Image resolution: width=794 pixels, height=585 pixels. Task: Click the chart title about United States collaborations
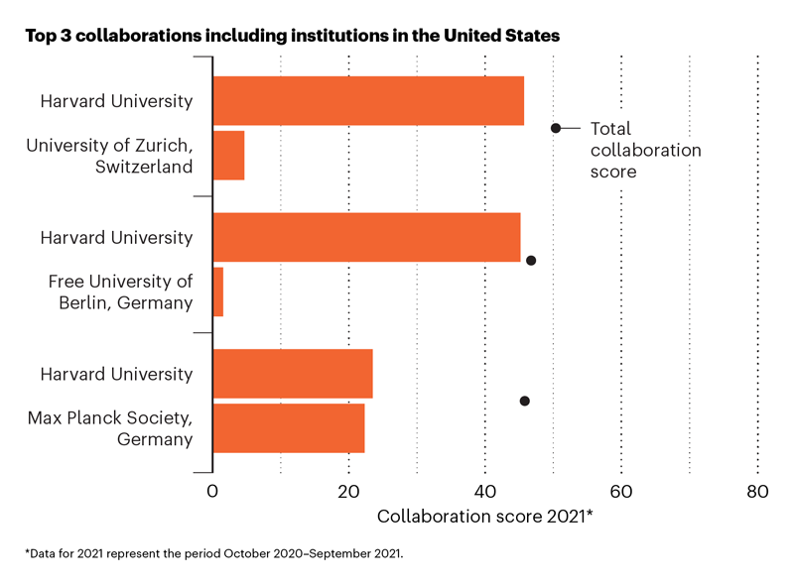tap(293, 36)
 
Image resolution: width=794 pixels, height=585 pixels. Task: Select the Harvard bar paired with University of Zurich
tap(368, 101)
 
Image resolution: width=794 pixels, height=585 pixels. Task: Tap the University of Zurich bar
tap(228, 155)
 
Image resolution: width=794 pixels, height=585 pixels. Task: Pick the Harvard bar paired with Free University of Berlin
tap(366, 237)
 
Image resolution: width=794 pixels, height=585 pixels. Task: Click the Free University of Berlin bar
tap(218, 292)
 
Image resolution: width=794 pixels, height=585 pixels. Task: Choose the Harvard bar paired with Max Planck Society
tap(293, 374)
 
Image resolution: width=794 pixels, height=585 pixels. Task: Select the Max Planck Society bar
tap(289, 428)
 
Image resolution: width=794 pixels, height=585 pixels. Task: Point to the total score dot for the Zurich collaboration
tap(556, 128)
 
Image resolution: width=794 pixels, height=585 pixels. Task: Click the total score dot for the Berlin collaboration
tap(531, 261)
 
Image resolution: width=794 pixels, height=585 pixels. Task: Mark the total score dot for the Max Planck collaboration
tap(525, 401)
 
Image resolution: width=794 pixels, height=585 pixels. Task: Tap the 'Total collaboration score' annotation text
tap(645, 150)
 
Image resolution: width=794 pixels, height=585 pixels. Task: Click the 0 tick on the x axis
tap(212, 492)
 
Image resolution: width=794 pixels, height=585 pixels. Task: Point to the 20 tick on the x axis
tap(348, 492)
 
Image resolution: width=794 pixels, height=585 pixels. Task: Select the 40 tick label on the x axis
tap(485, 492)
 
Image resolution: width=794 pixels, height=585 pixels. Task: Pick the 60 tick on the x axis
tap(621, 492)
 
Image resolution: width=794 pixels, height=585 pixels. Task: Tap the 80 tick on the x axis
tap(757, 492)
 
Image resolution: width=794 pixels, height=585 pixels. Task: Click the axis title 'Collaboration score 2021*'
tap(485, 517)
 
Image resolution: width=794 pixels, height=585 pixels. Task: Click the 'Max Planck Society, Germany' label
tap(110, 428)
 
